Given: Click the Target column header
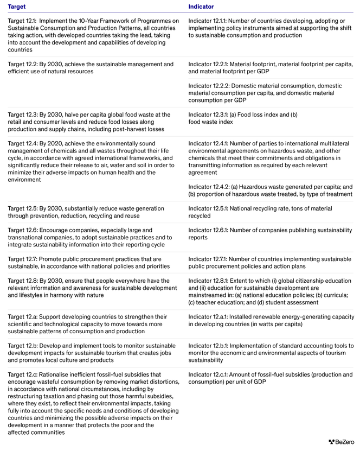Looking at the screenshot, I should click(16, 7).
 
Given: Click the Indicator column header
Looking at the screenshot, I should click(201, 7).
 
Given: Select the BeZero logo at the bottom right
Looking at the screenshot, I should click(341, 442).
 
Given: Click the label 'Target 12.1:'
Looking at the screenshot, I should click(22, 21).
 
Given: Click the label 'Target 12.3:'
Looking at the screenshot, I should click(22, 115).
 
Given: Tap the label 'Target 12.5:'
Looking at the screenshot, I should click(22, 208).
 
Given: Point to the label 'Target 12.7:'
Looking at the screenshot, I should click(22, 259).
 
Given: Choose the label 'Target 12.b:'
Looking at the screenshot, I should click(22, 346).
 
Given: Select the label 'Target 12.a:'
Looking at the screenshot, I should click(22, 317).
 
